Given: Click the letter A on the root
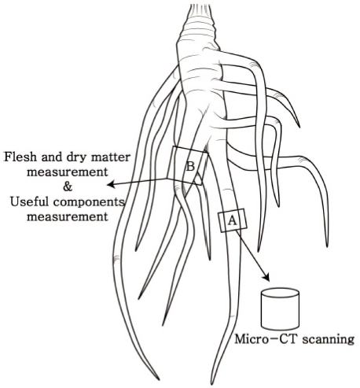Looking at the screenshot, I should tap(232, 221).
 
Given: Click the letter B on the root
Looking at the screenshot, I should tap(189, 166).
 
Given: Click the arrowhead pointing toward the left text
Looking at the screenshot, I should tap(111, 185).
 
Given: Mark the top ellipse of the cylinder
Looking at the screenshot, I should tap(279, 294).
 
